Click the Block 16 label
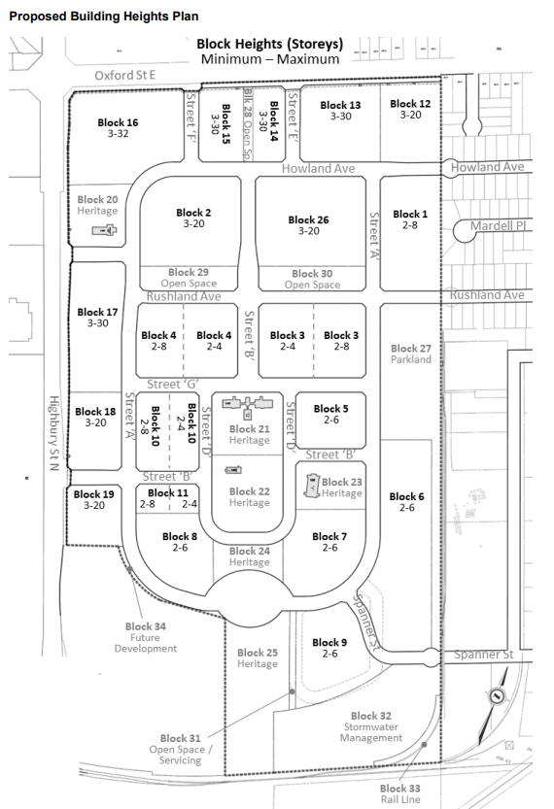(x=118, y=122)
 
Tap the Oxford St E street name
(x=125, y=76)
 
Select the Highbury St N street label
(x=54, y=433)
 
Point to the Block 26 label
(x=309, y=219)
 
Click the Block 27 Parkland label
(x=411, y=354)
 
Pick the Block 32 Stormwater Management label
(x=371, y=727)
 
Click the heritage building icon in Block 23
(x=312, y=486)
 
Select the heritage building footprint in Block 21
(x=248, y=405)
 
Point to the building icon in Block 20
(x=104, y=229)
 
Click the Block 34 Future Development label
(x=146, y=637)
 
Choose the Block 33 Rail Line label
(x=400, y=793)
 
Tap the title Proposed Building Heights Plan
(x=104, y=17)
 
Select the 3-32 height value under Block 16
(x=119, y=134)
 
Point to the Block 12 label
(x=410, y=104)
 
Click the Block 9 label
(x=329, y=642)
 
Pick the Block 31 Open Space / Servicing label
(x=180, y=749)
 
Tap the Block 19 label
(x=94, y=494)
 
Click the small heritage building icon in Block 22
(x=233, y=470)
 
